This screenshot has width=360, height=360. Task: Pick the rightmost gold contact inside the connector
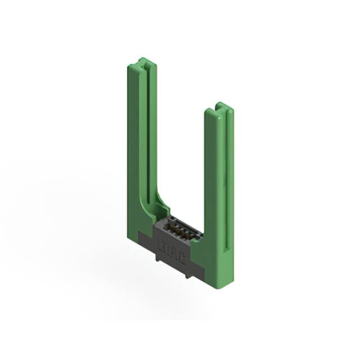tap(189, 236)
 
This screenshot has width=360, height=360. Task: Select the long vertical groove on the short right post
tap(226, 180)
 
